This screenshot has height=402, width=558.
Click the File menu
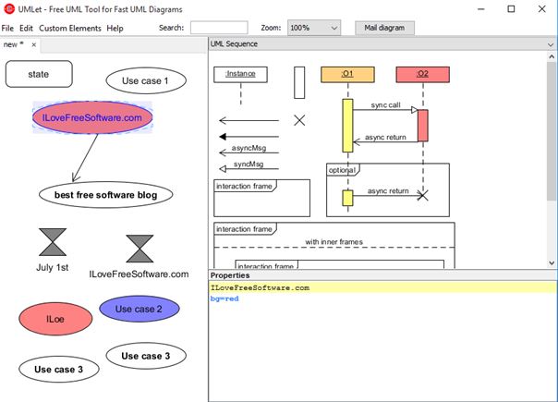click(x=7, y=29)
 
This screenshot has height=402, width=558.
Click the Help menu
click(x=115, y=29)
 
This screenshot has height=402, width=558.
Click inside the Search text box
click(x=218, y=29)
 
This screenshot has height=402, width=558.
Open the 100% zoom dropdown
click(x=314, y=29)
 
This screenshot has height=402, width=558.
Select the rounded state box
click(x=39, y=74)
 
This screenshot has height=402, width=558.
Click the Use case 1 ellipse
click(x=146, y=80)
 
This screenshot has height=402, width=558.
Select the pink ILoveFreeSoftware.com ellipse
click(x=92, y=117)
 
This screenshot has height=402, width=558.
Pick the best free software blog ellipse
click(x=105, y=195)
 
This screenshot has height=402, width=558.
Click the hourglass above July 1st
click(x=53, y=242)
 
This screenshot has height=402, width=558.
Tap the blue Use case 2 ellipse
click(x=130, y=309)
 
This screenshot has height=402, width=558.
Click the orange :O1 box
click(x=347, y=73)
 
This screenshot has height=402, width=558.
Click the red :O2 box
click(x=422, y=73)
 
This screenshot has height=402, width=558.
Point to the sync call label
click(x=385, y=105)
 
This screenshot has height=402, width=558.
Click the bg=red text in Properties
click(x=225, y=299)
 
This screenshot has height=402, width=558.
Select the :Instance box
click(x=239, y=73)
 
